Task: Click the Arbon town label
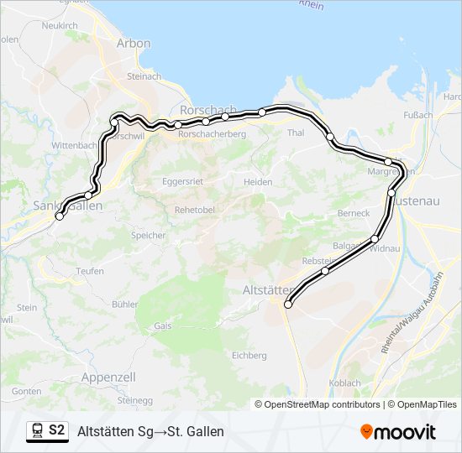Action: coord(134,44)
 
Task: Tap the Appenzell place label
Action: coord(108,377)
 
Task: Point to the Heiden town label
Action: coord(258,182)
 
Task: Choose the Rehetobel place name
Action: coord(192,210)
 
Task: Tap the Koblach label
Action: coord(345,383)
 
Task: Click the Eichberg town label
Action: coord(249,356)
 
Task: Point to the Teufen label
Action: coord(90,271)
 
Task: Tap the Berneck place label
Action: coord(353,213)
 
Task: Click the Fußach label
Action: coord(417,115)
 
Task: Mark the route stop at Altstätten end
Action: coord(288,305)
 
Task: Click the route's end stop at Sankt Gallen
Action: coord(60,216)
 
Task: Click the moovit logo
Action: coord(398,432)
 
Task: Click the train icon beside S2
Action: coord(37,431)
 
